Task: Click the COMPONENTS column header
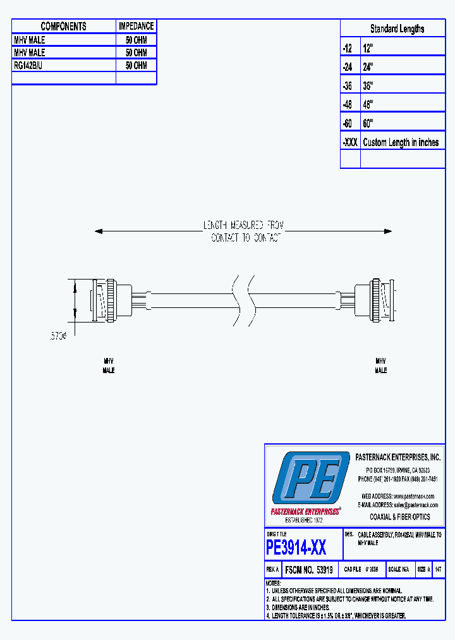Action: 63,26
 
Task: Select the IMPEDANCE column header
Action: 136,26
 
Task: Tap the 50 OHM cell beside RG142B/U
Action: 136,65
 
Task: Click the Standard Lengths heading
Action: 397,28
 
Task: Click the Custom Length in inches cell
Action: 401,142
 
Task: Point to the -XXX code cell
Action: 349,142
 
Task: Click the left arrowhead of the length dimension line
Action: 98,231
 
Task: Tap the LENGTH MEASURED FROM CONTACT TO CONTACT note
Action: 243,231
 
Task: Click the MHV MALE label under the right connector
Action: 381,366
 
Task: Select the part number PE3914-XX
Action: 296,547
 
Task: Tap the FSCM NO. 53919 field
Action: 310,570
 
